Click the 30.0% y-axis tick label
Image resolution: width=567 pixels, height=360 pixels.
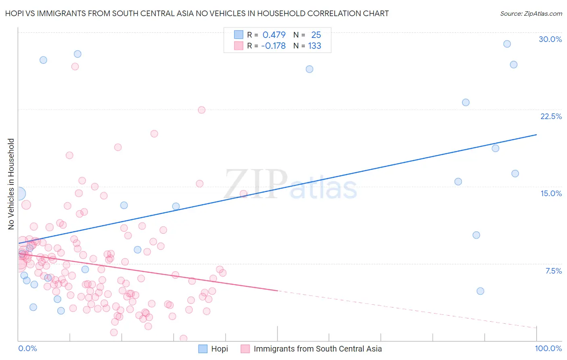[x=550, y=39]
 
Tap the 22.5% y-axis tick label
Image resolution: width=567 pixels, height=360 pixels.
[x=551, y=116]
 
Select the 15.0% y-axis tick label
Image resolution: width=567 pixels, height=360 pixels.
[x=551, y=193]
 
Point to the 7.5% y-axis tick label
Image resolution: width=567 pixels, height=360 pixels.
[x=553, y=271]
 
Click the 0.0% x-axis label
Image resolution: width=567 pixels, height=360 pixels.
[x=27, y=348]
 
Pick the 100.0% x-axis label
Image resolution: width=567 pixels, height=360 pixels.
[x=548, y=348]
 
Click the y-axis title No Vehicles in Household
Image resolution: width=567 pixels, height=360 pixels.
[x=11, y=184]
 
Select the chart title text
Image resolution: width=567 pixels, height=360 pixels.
[x=197, y=13]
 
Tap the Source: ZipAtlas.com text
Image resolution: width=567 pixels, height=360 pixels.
[x=531, y=13]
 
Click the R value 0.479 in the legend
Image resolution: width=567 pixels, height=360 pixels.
[x=274, y=35]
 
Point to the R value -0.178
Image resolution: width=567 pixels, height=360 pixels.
[x=273, y=46]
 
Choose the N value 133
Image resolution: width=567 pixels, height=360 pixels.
[x=315, y=46]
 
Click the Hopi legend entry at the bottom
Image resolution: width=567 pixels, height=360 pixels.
[x=214, y=349]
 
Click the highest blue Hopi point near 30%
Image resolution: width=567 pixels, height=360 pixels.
[x=507, y=44]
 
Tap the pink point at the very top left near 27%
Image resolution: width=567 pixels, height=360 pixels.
[x=75, y=67]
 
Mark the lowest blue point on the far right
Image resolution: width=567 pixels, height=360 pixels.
[x=480, y=291]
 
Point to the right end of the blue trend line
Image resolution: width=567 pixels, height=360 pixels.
[x=536, y=135]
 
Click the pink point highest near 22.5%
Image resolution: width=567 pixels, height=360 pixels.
[x=202, y=110]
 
